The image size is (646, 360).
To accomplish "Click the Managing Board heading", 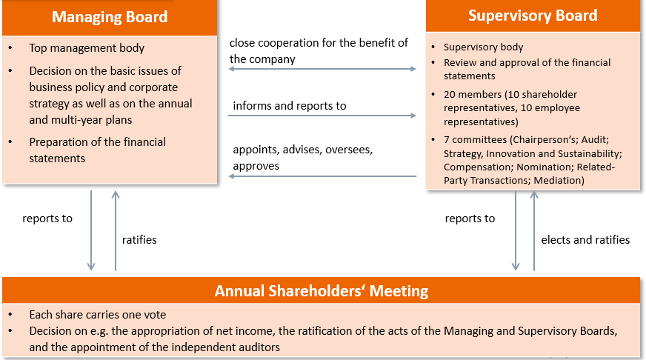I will pyautogui.click(x=110, y=17).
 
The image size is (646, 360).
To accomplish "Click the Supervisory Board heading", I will pyautogui.click(x=533, y=16).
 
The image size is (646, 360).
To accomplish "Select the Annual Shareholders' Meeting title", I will pyautogui.click(x=322, y=291).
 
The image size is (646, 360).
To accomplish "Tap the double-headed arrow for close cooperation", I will pyautogui.click(x=322, y=69).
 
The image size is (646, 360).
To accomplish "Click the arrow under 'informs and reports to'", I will pyautogui.click(x=322, y=116).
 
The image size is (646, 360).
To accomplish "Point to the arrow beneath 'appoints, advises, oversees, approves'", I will pyautogui.click(x=322, y=176).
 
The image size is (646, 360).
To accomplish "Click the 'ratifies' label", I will pyautogui.click(x=139, y=240).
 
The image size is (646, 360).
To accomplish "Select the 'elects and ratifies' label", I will pyautogui.click(x=585, y=240).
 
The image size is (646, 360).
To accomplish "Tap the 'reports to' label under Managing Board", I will pyautogui.click(x=47, y=219).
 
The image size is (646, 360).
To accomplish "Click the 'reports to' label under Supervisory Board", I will pyautogui.click(x=470, y=219).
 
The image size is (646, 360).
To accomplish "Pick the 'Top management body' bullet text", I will pyautogui.click(x=87, y=48).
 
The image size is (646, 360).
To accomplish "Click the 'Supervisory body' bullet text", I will pyautogui.click(x=483, y=47).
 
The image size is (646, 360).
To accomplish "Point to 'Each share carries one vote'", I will pyautogui.click(x=97, y=315).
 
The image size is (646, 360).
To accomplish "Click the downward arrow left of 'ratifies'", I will pyautogui.click(x=91, y=230).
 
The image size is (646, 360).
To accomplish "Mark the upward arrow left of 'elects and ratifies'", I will pyautogui.click(x=533, y=230).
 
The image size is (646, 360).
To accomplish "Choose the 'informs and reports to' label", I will pyautogui.click(x=290, y=106).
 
